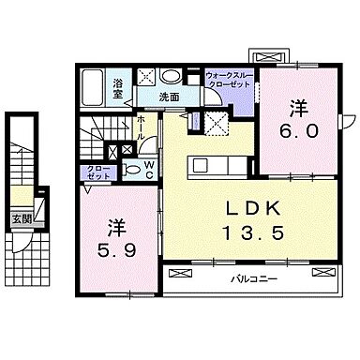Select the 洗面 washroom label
pyautogui.click(x=169, y=96)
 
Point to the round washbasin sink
pyautogui.click(x=171, y=78)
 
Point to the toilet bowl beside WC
pyautogui.click(x=130, y=170)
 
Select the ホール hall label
pyautogui.click(x=139, y=126)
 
